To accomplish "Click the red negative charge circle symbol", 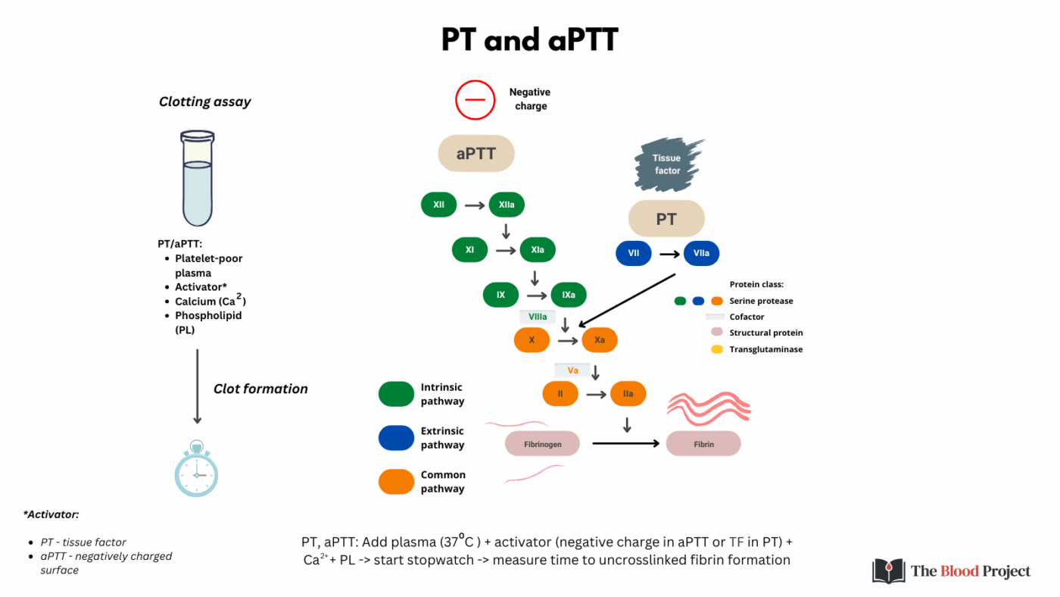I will [x=475, y=100].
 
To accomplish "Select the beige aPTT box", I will [x=476, y=154].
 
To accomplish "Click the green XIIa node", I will [x=507, y=205].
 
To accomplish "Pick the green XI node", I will [x=469, y=249].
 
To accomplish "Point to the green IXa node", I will [x=569, y=295].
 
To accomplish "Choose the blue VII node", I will [x=633, y=253].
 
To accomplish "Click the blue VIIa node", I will [x=701, y=253].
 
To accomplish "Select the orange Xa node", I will [x=600, y=340].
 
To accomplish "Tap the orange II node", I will [x=560, y=394].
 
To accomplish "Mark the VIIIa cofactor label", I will [x=538, y=317].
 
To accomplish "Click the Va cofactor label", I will [x=572, y=370].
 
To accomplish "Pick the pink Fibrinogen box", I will [x=542, y=444].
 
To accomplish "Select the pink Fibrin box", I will [x=703, y=444].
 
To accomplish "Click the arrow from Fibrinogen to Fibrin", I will [x=625, y=443].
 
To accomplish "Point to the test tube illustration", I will [x=197, y=179].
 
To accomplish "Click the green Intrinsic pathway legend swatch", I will [x=396, y=394].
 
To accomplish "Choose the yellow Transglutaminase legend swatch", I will [x=715, y=349].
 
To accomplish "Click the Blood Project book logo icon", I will [x=888, y=570].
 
